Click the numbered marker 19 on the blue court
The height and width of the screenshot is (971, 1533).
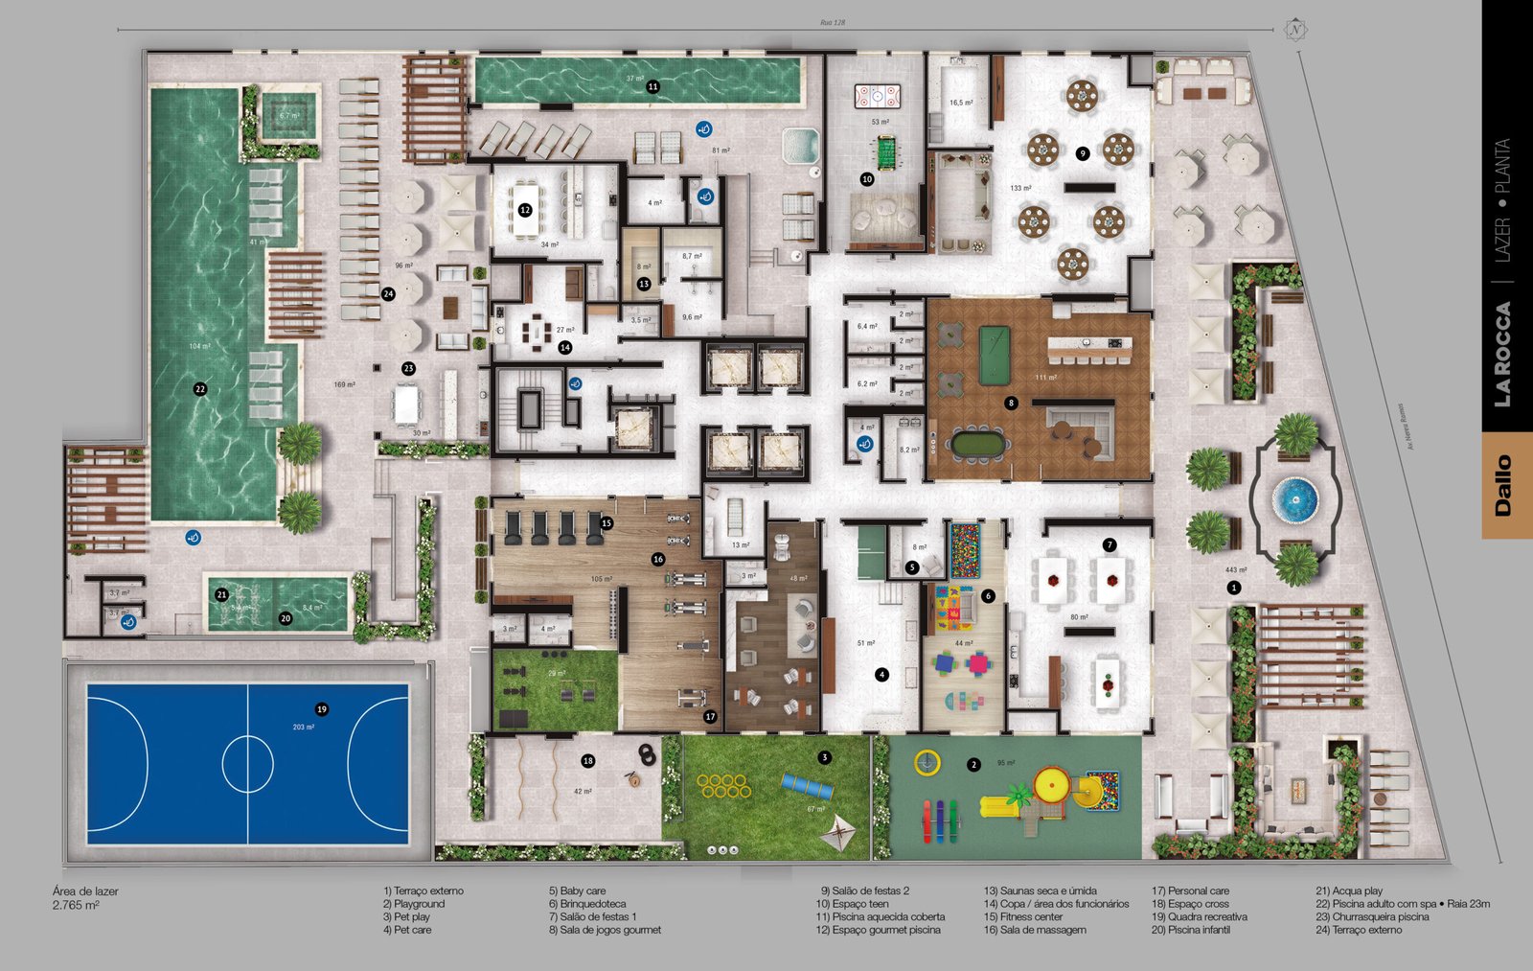[322, 709]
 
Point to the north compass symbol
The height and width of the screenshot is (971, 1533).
[1295, 30]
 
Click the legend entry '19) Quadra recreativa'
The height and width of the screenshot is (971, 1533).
[1199, 916]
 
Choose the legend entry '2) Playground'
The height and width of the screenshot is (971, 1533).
[414, 904]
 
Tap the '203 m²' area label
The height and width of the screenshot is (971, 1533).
[304, 727]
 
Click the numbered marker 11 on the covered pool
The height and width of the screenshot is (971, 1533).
[652, 87]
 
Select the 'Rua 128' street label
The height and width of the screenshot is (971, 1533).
[832, 22]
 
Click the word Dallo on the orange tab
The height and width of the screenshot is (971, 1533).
[1503, 485]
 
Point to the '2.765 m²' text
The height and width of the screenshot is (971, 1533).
[76, 905]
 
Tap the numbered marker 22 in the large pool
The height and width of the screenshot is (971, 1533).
[200, 389]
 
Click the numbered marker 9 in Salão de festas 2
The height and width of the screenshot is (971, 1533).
[1082, 153]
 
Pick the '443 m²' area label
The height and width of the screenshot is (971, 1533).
[1235, 570]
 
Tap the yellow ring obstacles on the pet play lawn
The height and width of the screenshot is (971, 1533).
[723, 786]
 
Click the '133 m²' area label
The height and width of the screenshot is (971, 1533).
[1020, 188]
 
